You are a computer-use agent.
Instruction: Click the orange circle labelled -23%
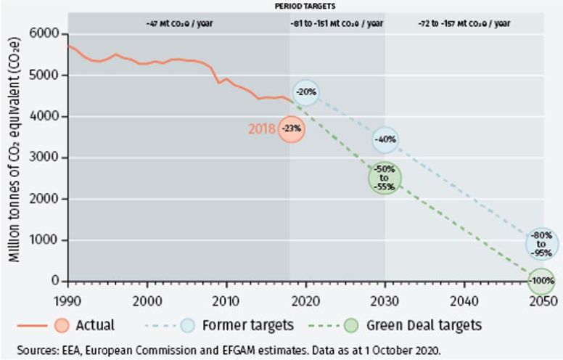pos(291,128)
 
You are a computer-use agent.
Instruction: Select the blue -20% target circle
pos(305,92)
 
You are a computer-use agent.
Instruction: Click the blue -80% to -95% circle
pos(542,244)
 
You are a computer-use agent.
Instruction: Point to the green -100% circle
pos(541,279)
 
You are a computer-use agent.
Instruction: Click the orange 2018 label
pos(262,129)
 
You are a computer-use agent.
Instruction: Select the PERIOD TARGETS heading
pos(305,6)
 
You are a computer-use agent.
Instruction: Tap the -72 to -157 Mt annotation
pos(464,22)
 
